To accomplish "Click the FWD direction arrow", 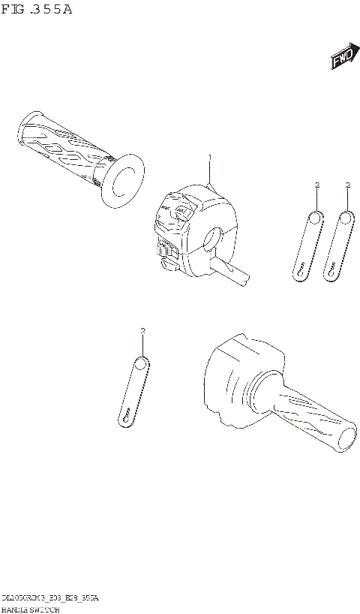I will coord(343,61).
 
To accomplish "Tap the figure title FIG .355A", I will coord(38,10).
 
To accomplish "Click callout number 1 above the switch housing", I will coord(210,157).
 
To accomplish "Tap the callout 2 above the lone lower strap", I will coord(142,330).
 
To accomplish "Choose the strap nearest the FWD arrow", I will coord(339,244).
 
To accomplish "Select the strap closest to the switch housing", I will coord(307,244).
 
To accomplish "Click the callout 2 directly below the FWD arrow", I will coord(348,184).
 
